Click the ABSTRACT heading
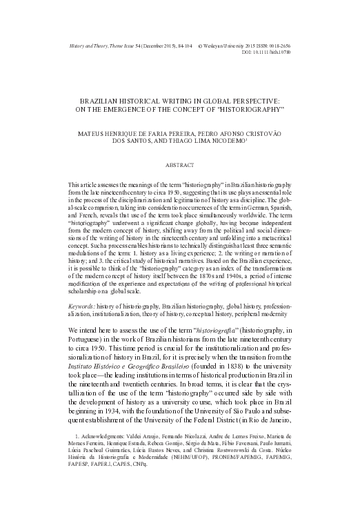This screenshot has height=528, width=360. (x=179, y=165)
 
